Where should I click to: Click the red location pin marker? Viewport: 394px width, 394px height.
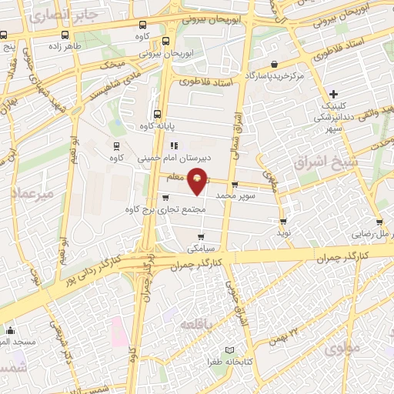(198, 180)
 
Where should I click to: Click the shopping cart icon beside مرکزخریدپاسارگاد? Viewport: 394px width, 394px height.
(275, 65)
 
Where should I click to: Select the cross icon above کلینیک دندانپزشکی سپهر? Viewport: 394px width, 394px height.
(333, 93)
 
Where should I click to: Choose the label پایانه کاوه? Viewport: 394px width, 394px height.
(157, 125)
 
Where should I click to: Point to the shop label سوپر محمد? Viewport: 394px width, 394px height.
(235, 196)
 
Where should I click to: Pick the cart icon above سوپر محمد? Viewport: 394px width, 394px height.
(235, 185)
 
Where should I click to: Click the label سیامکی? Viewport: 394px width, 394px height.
(201, 249)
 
